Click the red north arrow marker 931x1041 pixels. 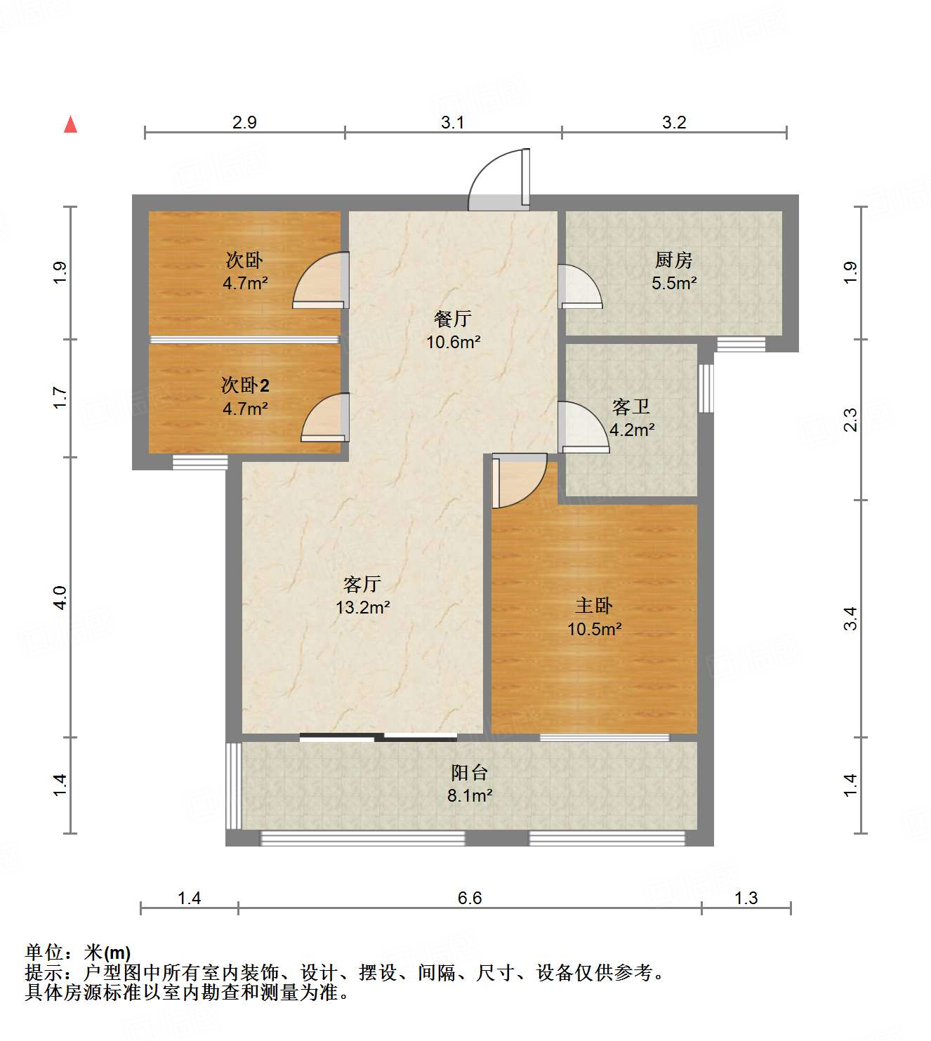pyautogui.click(x=70, y=124)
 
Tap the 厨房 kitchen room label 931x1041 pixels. pyautogui.click(x=674, y=260)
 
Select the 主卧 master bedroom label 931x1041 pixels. pyautogui.click(x=594, y=605)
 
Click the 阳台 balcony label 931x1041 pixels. pyautogui.click(x=469, y=773)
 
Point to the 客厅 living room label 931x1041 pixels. pyautogui.click(x=362, y=583)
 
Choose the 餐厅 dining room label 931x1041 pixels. pyautogui.click(x=453, y=319)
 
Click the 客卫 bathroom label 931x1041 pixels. pyautogui.click(x=631, y=406)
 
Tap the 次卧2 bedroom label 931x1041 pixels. pyautogui.click(x=245, y=385)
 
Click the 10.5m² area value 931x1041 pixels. pyautogui.click(x=594, y=629)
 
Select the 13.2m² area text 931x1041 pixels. pyautogui.click(x=362, y=607)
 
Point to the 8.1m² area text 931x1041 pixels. pyautogui.click(x=469, y=796)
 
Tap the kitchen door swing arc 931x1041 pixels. pyautogui.click(x=580, y=286)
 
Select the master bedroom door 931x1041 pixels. pyautogui.click(x=518, y=481)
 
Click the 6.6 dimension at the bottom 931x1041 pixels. pyautogui.click(x=470, y=898)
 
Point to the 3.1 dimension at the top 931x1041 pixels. pyautogui.click(x=453, y=122)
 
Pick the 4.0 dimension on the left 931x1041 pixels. pyautogui.click(x=60, y=597)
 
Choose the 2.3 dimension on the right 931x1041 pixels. pyautogui.click(x=850, y=420)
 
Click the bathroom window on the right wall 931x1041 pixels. pyautogui.click(x=706, y=387)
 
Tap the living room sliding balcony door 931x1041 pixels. pyautogui.click(x=378, y=737)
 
